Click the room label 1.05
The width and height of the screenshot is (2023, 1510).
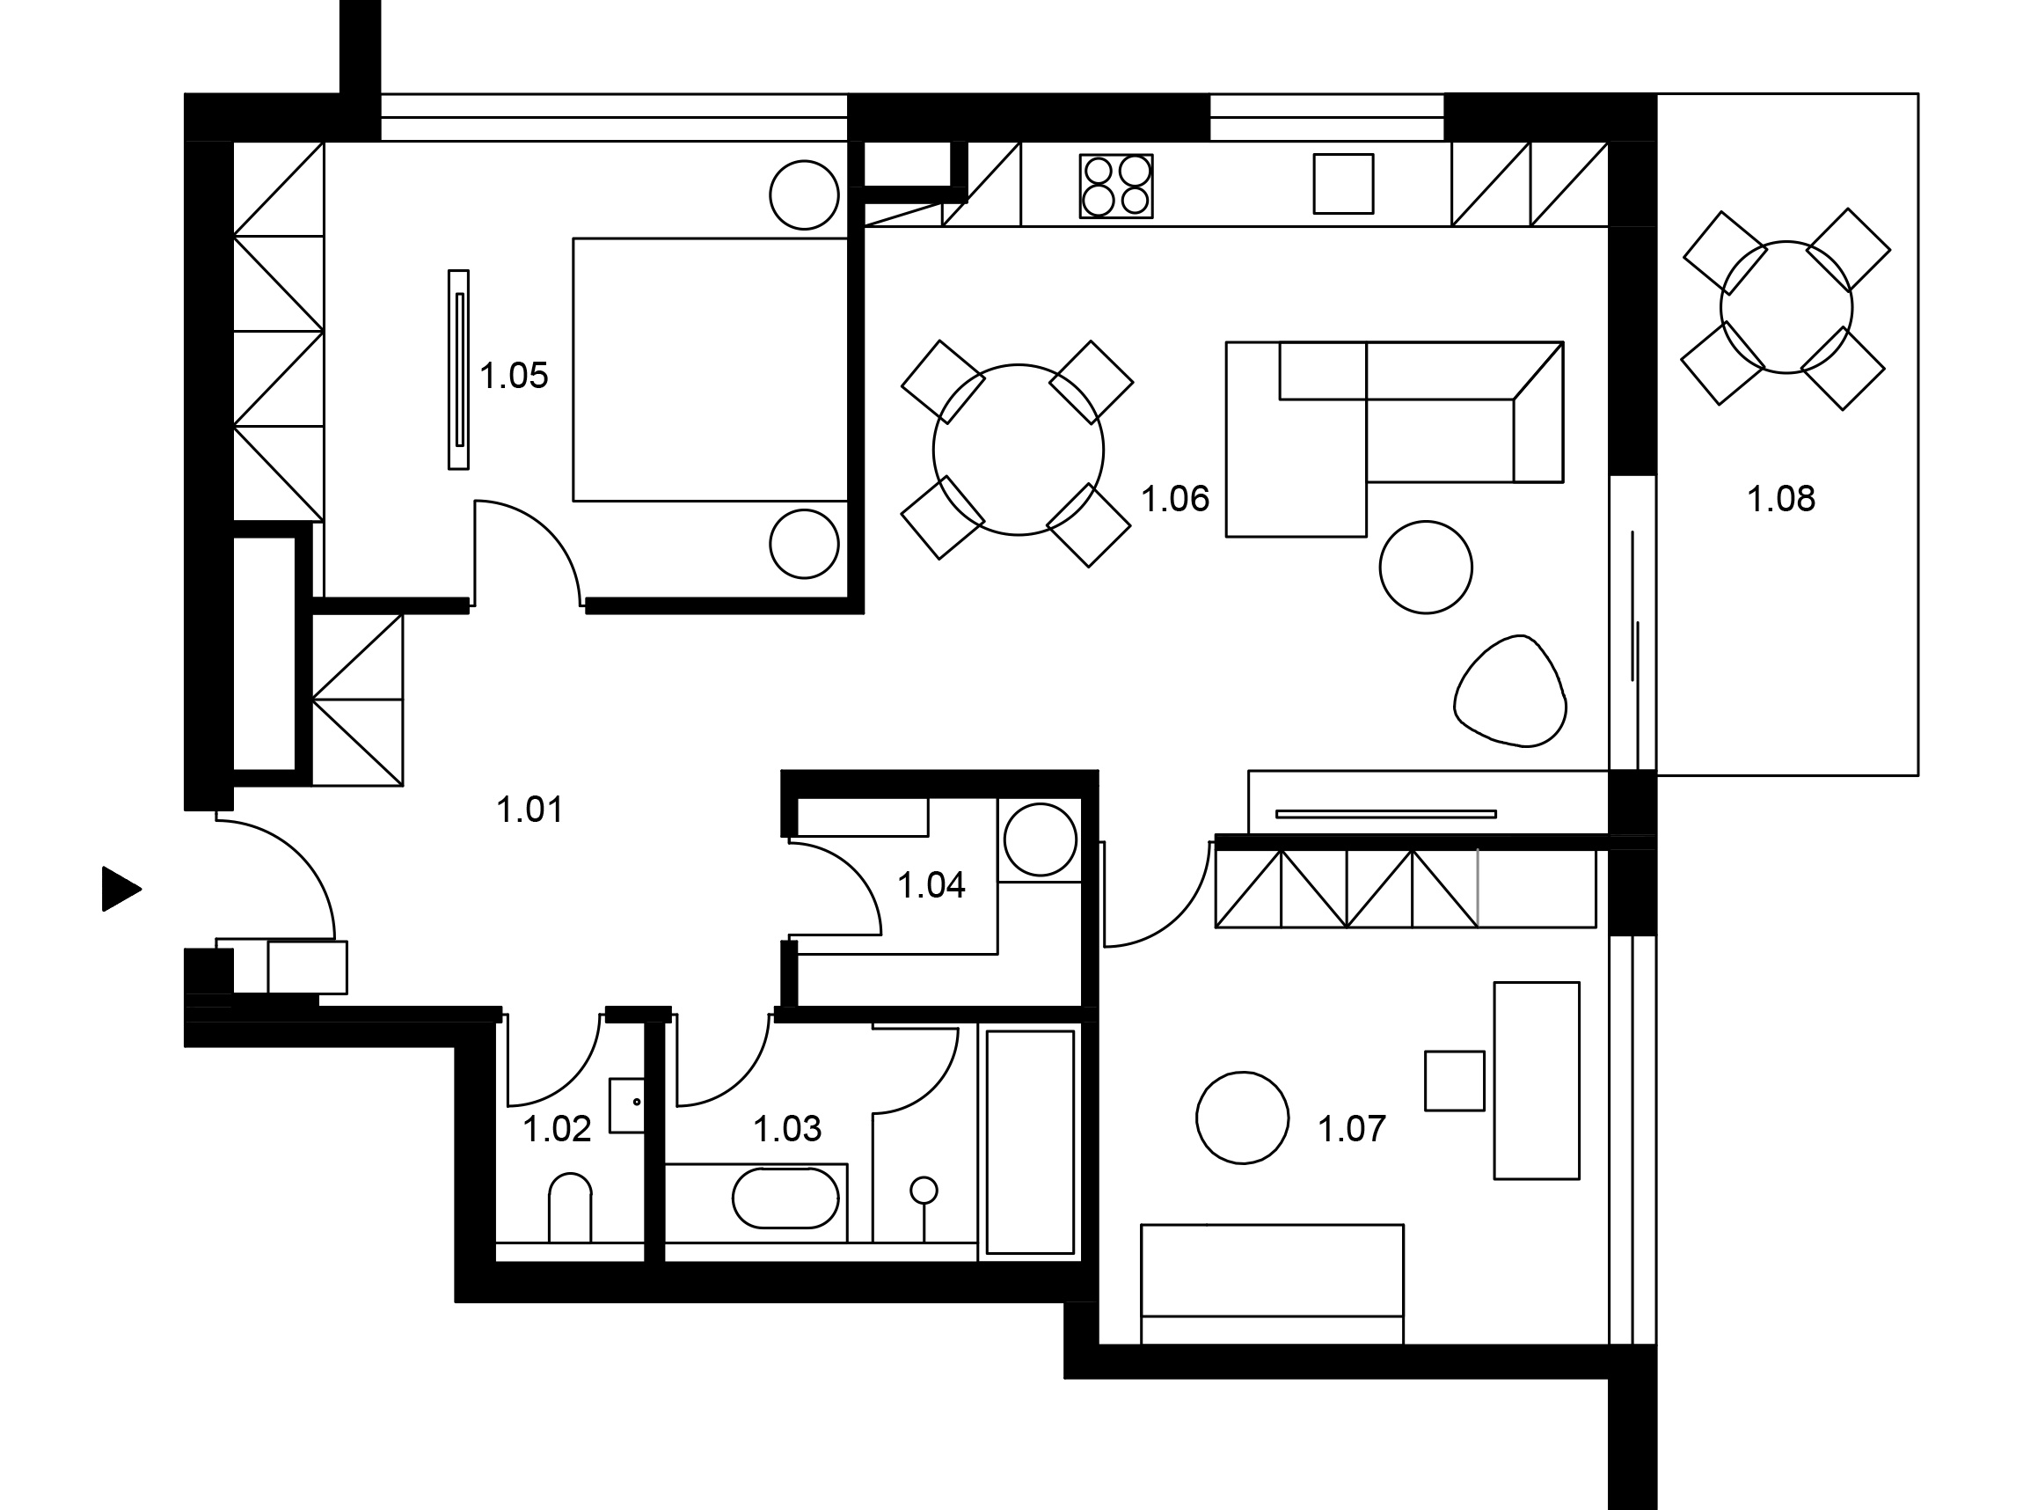pos(514,376)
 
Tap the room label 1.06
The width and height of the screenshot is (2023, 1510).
pos(1175,499)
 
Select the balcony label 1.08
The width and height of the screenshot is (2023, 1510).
pos(1781,499)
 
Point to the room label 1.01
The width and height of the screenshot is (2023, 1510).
pos(530,810)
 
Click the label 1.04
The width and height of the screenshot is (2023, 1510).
pos(931,886)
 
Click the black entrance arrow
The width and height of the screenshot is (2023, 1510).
pos(121,889)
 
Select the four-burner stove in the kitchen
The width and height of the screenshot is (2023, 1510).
pos(1115,187)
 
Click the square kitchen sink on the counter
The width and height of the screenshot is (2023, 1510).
pos(1343,184)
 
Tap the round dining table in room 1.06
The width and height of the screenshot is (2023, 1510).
pos(1018,450)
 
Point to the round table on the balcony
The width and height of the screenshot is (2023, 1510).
pos(1786,307)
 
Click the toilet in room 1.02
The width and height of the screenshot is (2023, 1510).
pos(570,1207)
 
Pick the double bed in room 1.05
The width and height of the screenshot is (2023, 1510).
pos(710,370)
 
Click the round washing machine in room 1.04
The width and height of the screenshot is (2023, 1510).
pos(1040,840)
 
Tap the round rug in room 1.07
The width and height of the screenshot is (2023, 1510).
pos(1242,1118)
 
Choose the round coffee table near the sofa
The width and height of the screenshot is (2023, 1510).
pos(1426,567)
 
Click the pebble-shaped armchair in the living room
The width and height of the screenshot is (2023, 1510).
pos(1509,691)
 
